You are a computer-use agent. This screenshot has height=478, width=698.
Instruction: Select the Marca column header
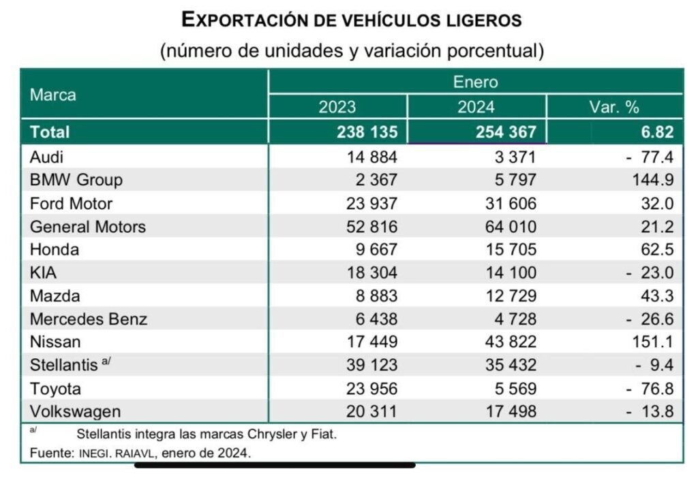coord(52,95)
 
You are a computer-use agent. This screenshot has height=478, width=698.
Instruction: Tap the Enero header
coord(476,82)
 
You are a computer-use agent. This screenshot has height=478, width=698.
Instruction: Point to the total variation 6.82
coord(657,131)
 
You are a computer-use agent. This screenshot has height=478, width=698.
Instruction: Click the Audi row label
coord(46,157)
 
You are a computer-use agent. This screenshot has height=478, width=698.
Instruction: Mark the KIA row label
coord(43,273)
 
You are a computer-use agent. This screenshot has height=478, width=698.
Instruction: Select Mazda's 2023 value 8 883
coord(375,296)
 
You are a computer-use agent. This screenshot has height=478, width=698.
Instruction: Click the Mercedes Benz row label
coord(89,319)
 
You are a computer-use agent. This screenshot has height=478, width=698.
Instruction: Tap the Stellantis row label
coord(64,366)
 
